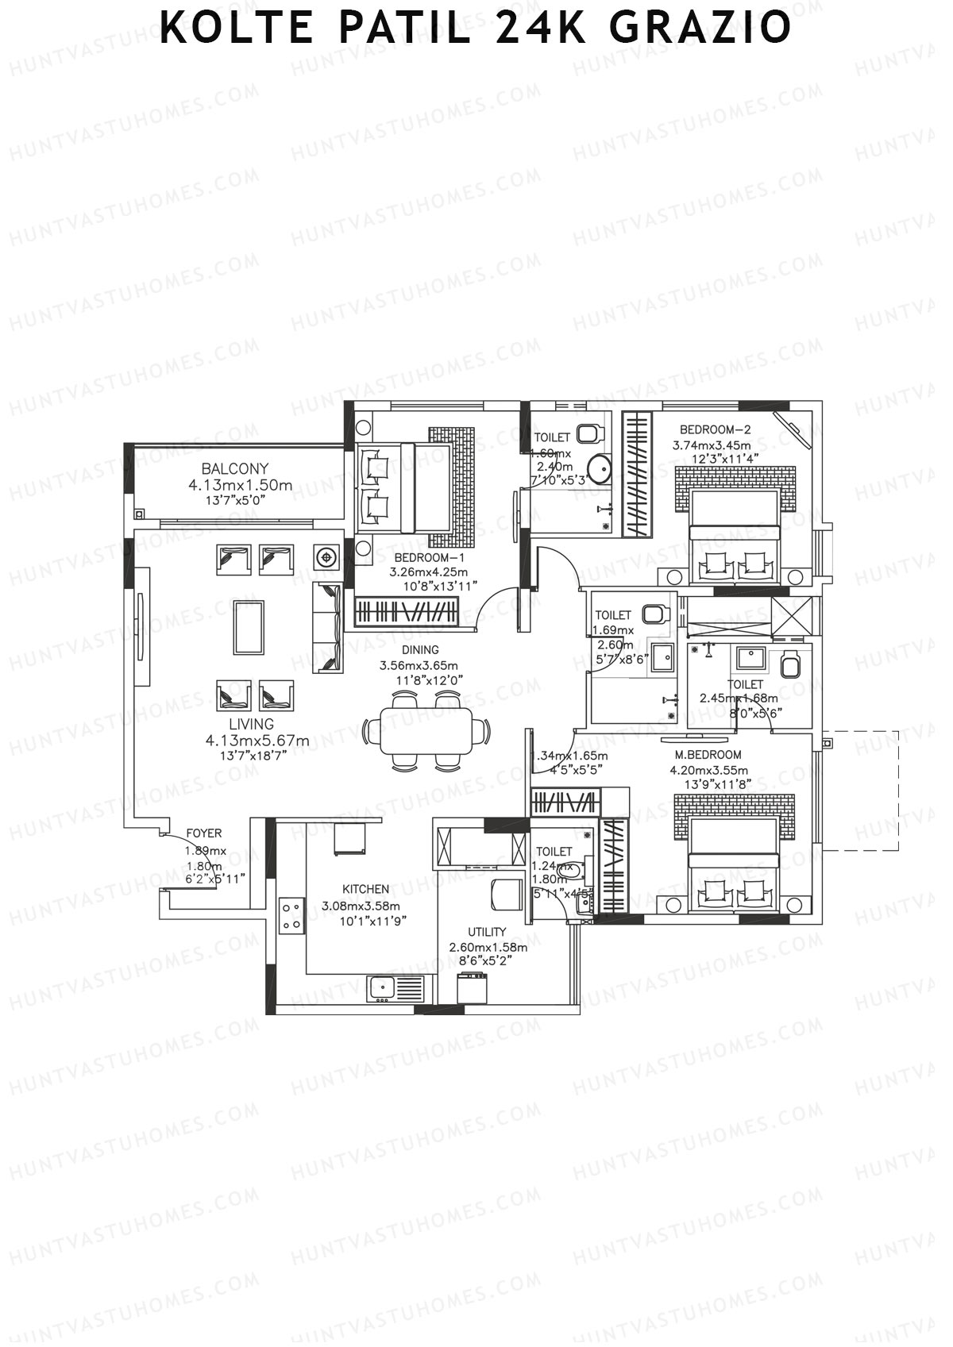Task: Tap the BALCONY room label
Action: coord(234,468)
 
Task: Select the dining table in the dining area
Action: coord(426,731)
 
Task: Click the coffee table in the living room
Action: coord(249,627)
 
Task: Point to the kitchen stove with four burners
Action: coord(291,915)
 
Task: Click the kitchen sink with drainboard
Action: coord(395,988)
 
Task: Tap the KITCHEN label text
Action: coord(365,889)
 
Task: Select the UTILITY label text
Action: coord(487,932)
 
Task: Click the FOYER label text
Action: coord(204,833)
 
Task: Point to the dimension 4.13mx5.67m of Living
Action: coord(257,741)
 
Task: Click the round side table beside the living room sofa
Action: coord(326,557)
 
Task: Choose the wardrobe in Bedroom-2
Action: coord(635,473)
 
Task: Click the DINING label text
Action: coord(420,650)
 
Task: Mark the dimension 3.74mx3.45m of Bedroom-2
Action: coord(712,445)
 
